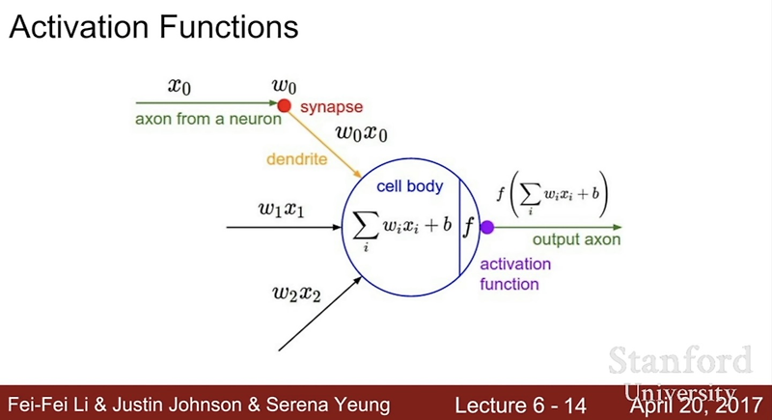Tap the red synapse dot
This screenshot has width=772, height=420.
click(x=284, y=105)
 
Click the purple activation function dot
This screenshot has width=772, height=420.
click(x=486, y=228)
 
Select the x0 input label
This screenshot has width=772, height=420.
click(x=179, y=86)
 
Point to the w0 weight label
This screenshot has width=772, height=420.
click(x=284, y=86)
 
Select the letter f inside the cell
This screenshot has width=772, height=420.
click(x=469, y=228)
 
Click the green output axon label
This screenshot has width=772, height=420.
click(x=577, y=240)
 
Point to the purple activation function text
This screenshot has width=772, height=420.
click(x=515, y=274)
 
